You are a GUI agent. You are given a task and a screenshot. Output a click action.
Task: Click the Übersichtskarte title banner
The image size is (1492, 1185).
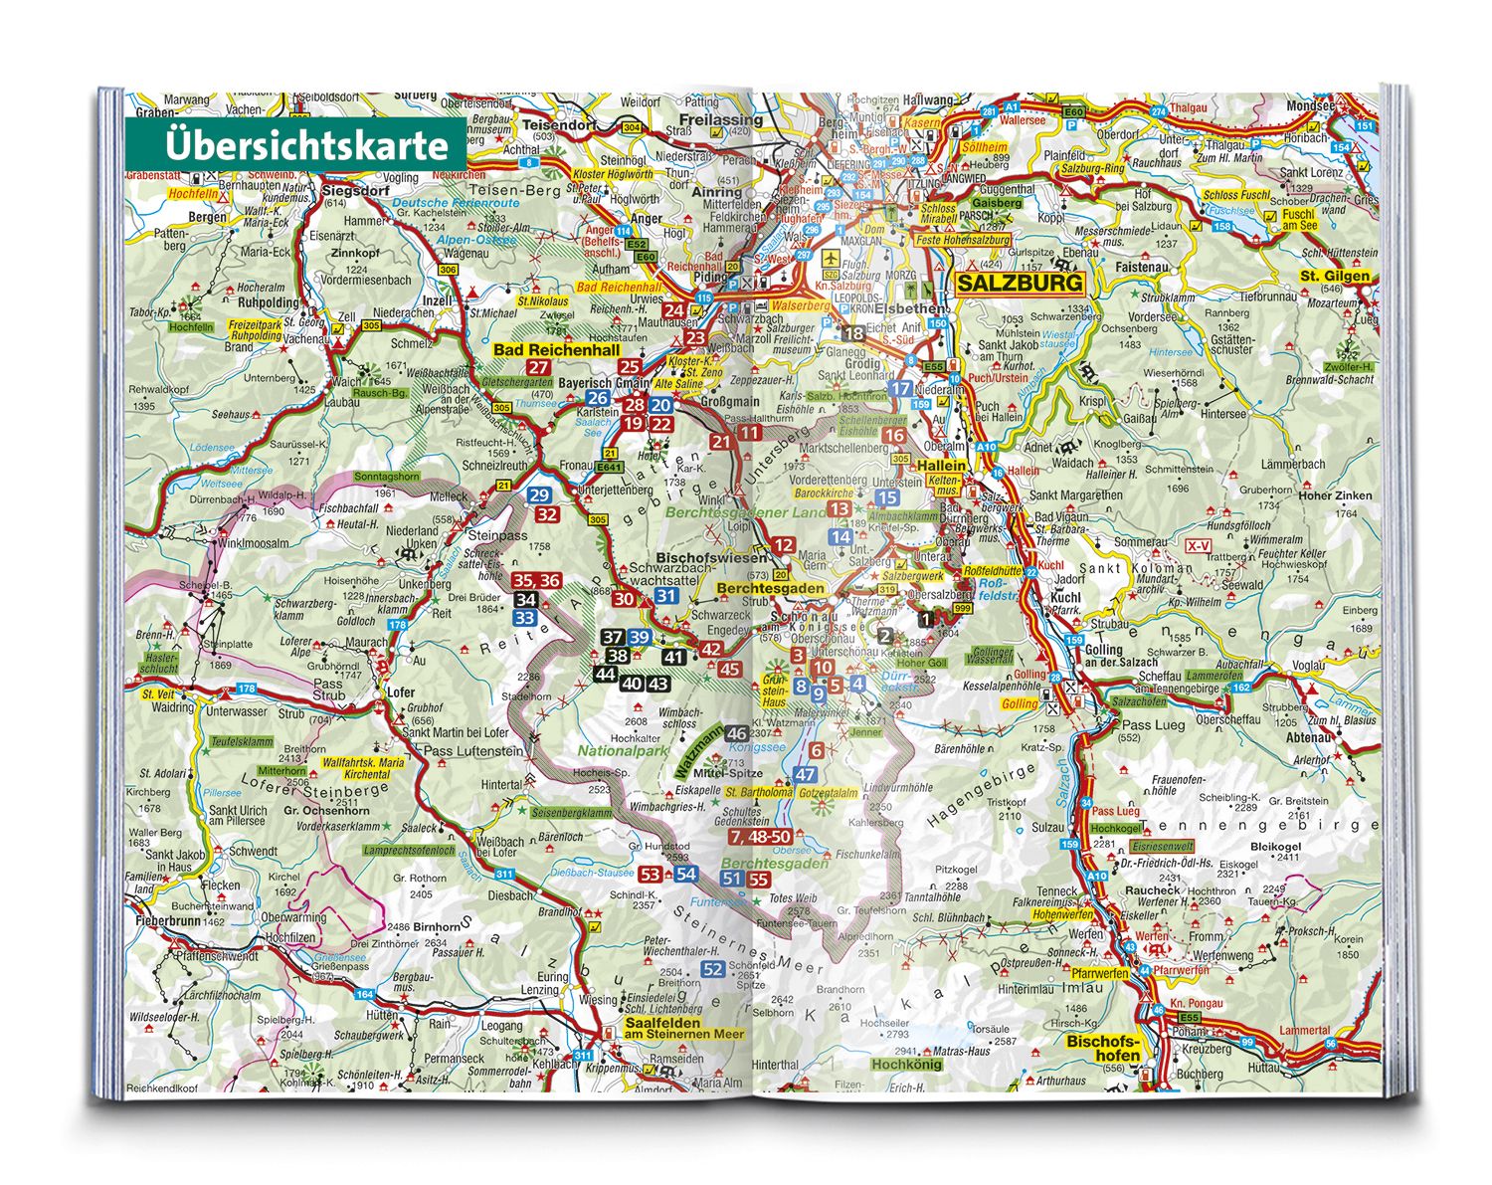[294, 145]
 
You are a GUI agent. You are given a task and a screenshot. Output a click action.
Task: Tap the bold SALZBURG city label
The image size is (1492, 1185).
[1019, 284]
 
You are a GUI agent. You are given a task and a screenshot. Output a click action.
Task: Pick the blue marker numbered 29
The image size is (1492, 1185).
[539, 495]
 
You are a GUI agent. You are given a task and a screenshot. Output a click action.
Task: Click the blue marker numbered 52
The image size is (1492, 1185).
[712, 969]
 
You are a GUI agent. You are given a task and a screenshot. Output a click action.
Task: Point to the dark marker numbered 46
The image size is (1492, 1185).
[736, 733]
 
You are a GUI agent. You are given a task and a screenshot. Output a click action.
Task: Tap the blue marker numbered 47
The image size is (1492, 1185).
[806, 774]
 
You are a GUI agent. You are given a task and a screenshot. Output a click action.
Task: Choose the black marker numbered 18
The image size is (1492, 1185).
[853, 334]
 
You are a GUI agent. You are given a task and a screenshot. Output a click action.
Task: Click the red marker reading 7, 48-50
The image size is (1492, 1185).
[766, 837]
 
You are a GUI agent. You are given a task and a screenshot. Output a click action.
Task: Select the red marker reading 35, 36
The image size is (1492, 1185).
[536, 581]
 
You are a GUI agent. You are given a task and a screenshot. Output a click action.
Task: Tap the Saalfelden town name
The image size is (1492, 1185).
[662, 1022]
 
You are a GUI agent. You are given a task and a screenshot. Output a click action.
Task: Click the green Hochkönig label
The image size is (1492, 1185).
[905, 1064]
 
